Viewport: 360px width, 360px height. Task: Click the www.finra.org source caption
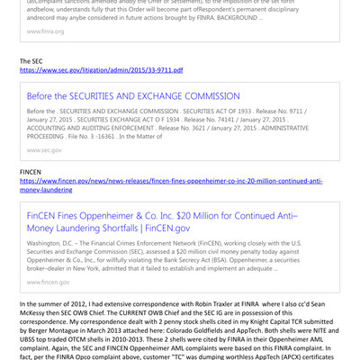click(x=45, y=31)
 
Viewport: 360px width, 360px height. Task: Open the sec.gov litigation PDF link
click(x=101, y=69)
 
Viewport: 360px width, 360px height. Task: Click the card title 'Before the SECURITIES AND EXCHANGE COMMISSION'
click(x=133, y=96)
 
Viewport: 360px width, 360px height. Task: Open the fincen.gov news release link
click(x=171, y=180)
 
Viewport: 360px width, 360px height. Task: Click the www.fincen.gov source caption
click(x=48, y=282)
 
